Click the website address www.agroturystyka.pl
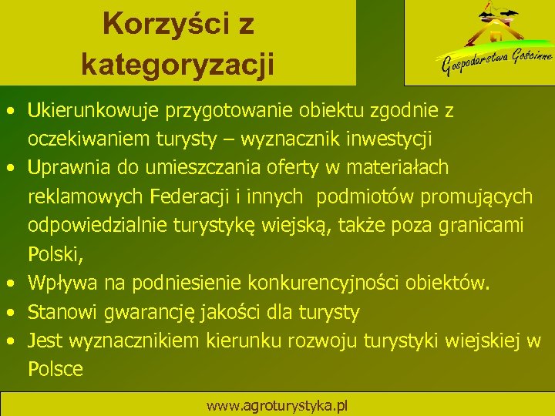(277, 405)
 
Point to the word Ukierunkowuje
(92, 111)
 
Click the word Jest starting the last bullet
(45, 341)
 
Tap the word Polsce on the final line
(55, 369)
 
